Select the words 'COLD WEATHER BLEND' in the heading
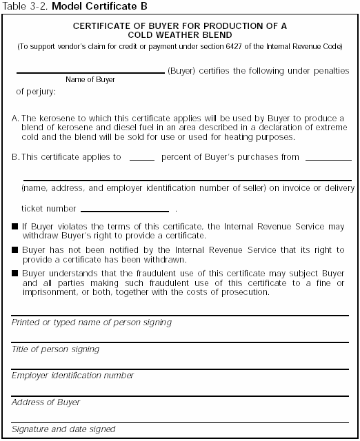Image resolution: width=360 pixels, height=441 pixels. [180, 35]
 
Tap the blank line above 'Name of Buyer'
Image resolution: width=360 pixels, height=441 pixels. [90, 72]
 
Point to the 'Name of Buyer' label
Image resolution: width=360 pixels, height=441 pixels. [90, 80]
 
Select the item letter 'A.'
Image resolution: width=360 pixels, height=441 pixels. [16, 119]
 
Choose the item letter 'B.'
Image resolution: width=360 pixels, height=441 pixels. [16, 157]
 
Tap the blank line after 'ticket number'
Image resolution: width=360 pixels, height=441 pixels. [125, 210]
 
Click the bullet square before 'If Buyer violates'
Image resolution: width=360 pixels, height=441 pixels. [15, 226]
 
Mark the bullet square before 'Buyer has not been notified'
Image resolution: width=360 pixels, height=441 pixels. [15, 251]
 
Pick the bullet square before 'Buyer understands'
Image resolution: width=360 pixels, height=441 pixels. [15, 274]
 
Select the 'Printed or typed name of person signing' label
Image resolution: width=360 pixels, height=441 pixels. [92, 322]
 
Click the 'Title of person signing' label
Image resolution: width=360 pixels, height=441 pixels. [55, 349]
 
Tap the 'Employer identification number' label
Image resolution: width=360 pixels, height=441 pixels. [72, 376]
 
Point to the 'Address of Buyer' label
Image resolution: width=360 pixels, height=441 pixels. [43, 402]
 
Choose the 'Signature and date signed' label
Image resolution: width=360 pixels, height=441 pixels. [63, 429]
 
